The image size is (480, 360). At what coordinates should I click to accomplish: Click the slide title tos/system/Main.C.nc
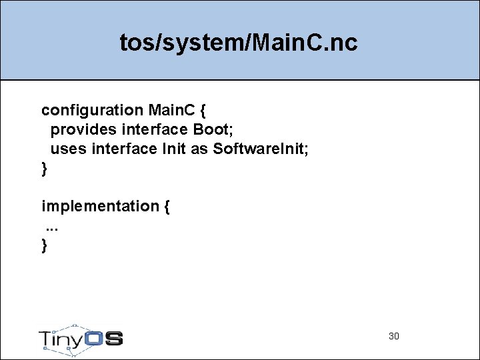239,43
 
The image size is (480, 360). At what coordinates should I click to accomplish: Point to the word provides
83,129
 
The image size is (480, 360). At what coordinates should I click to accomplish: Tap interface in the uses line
124,149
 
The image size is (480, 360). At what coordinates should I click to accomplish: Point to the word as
199,149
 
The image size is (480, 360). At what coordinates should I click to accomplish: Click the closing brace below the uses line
45,169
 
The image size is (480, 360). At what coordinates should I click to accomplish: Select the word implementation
99,206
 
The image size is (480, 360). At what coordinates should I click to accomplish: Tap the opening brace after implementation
166,206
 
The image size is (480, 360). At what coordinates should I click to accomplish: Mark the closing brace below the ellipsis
45,245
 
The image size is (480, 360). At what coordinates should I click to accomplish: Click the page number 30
393,336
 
